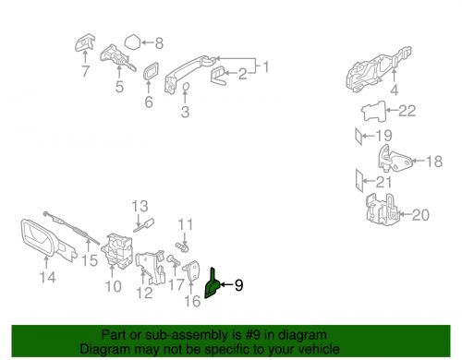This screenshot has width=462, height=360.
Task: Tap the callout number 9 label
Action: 238,286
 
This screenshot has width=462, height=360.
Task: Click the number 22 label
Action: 407,111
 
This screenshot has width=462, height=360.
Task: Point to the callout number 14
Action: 48,274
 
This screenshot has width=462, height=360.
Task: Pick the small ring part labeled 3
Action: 185,88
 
